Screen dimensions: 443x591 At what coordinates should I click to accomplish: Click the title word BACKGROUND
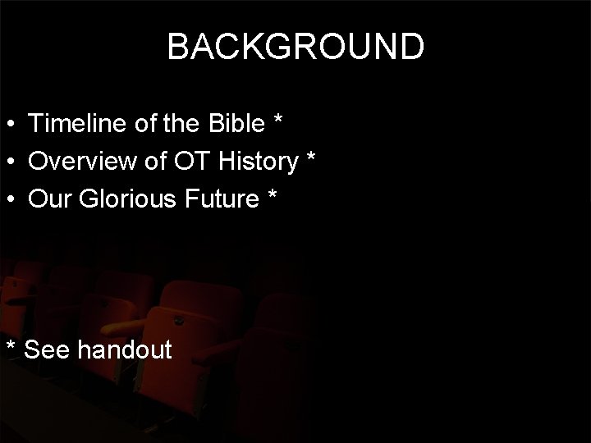coord(295,48)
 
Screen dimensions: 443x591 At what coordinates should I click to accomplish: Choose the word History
coord(259,162)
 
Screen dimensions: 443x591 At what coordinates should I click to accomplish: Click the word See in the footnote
coord(48,350)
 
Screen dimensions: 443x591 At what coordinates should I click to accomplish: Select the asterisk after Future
coord(271,197)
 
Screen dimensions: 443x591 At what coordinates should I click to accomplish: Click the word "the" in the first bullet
coord(192,124)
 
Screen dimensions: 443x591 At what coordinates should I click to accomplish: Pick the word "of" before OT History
coord(154,162)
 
